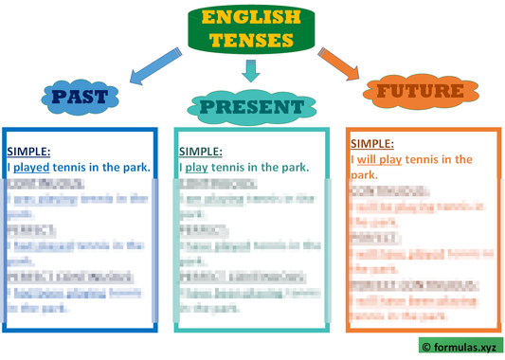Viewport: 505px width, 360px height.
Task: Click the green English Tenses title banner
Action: [251, 28]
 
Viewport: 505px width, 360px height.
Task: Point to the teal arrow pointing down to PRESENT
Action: [250, 70]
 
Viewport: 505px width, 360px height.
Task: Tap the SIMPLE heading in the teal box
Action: [200, 152]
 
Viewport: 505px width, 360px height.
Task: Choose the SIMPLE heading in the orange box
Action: [372, 144]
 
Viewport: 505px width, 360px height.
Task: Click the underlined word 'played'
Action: [31, 168]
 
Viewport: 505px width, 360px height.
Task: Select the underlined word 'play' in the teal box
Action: [196, 168]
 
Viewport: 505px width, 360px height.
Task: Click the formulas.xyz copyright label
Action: [460, 347]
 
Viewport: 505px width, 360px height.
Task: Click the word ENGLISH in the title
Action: [251, 18]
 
